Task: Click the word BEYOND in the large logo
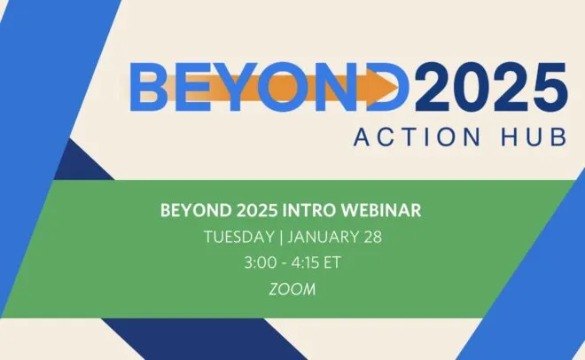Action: (x=269, y=87)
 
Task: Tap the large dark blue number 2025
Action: (x=491, y=87)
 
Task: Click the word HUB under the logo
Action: (x=534, y=137)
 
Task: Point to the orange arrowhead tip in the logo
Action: (x=398, y=87)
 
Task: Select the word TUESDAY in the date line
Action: (x=238, y=238)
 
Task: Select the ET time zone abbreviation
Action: (x=332, y=262)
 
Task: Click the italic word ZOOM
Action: (x=292, y=289)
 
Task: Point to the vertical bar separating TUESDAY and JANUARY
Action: (x=281, y=238)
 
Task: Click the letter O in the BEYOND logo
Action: (x=284, y=87)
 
